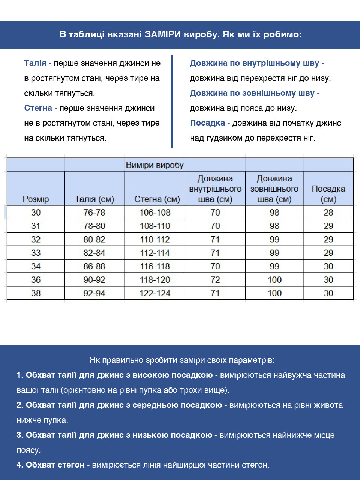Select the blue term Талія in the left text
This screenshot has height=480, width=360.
(35, 63)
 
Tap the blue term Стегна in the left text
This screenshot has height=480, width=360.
(38, 108)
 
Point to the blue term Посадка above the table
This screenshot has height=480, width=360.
(207, 123)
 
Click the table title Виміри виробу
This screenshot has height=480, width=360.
(154, 165)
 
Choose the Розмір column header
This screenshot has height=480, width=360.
(36, 199)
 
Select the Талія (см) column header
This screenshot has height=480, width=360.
(94, 199)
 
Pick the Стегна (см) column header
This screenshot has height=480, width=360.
(157, 199)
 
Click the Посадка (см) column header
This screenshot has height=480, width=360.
(328, 194)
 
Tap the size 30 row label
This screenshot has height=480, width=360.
(36, 213)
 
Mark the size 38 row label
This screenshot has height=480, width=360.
(36, 293)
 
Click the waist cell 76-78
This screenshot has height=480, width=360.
(94, 213)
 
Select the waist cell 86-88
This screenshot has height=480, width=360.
(94, 266)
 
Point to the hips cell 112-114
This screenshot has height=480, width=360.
(155, 253)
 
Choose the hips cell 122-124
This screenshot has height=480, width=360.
(155, 293)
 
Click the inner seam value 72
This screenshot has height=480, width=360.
(215, 280)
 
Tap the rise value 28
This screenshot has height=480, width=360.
(328, 213)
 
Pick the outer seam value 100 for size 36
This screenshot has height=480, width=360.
(274, 280)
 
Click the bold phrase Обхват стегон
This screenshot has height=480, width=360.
(55, 465)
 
